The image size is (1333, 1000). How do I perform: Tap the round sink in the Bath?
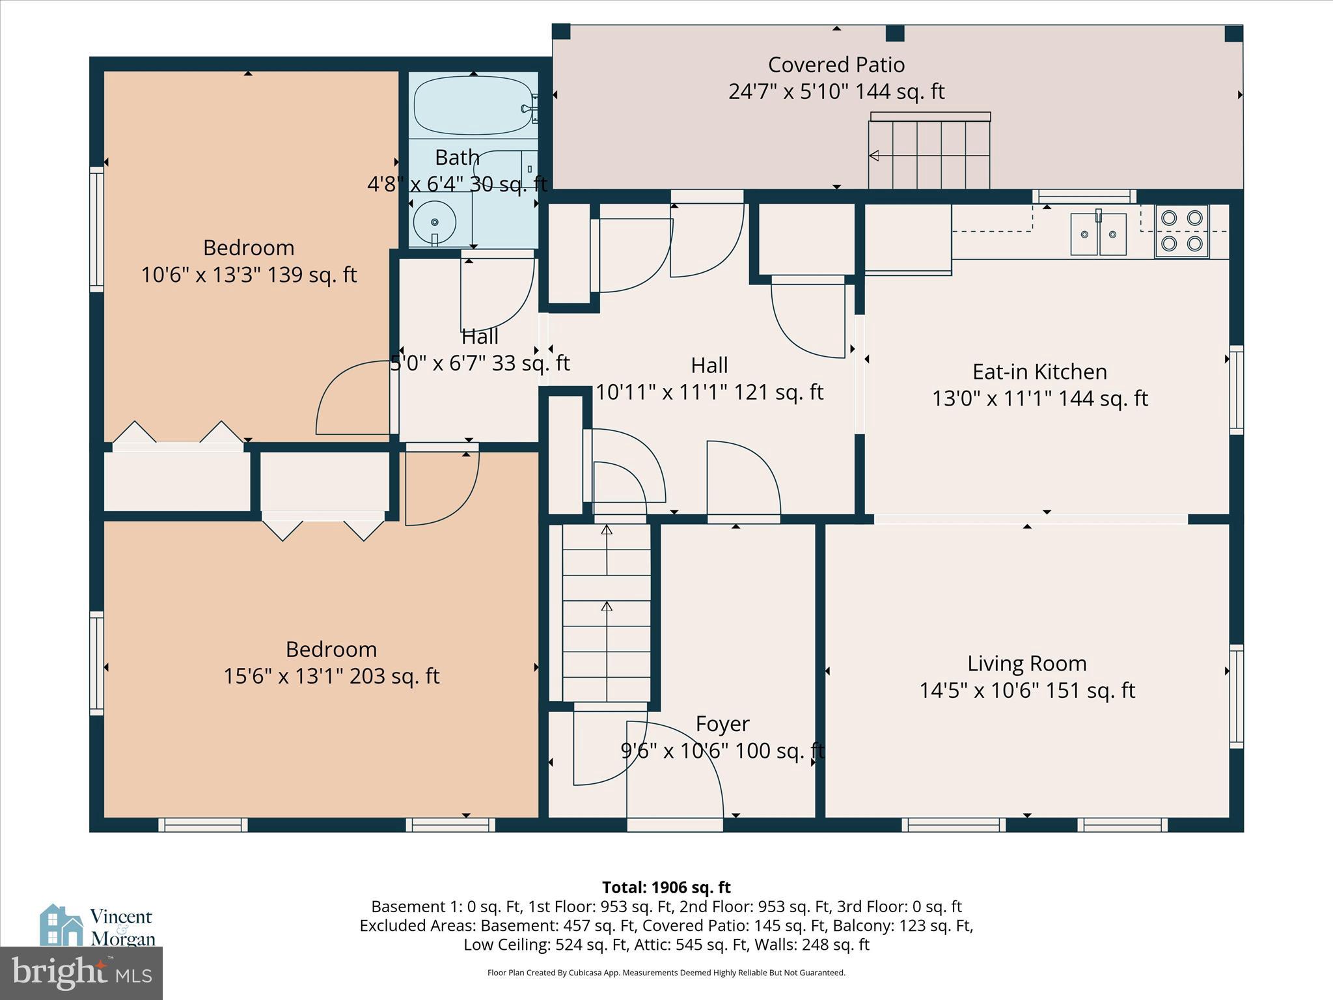435,221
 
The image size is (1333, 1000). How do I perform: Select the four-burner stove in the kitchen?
1181,230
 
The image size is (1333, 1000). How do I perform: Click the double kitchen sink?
1099,233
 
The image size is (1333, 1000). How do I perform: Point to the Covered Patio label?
836,65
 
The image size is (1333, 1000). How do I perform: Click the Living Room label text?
1026,663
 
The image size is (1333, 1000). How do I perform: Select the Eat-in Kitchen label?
1039,372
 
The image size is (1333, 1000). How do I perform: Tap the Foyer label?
722,724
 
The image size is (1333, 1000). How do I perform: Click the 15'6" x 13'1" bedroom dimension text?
331,676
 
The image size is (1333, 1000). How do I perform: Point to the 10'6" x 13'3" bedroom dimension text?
249,275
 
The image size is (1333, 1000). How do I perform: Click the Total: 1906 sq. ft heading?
666,887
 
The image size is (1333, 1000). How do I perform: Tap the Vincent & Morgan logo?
98,925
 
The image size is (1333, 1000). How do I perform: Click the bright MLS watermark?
81,973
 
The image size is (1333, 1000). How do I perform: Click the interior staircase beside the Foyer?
606,612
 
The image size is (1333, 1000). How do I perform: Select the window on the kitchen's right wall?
1235,391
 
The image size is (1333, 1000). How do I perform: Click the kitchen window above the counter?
1084,197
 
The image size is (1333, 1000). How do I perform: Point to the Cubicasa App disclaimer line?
666,973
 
